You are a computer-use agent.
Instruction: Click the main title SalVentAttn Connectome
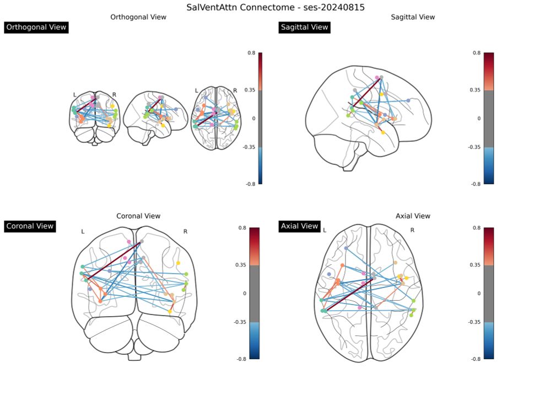[x=275, y=8]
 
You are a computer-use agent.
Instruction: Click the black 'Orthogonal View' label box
[x=36, y=27]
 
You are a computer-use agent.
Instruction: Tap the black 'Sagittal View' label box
[x=304, y=27]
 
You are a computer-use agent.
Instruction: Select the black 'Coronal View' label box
[x=30, y=226]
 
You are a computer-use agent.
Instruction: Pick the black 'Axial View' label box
[x=299, y=226]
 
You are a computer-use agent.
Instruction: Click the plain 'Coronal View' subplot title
[x=138, y=216]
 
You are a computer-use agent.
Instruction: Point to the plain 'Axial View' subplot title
[x=413, y=216]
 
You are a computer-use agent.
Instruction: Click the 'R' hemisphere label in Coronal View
[x=185, y=232]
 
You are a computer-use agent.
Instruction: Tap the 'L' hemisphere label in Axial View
[x=325, y=230]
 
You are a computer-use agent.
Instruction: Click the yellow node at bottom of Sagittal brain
[x=383, y=132]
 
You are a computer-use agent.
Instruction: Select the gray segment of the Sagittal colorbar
[x=489, y=118]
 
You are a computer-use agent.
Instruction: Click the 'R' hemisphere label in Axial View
[x=412, y=230]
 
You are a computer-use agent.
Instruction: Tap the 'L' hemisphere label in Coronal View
[x=83, y=232]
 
